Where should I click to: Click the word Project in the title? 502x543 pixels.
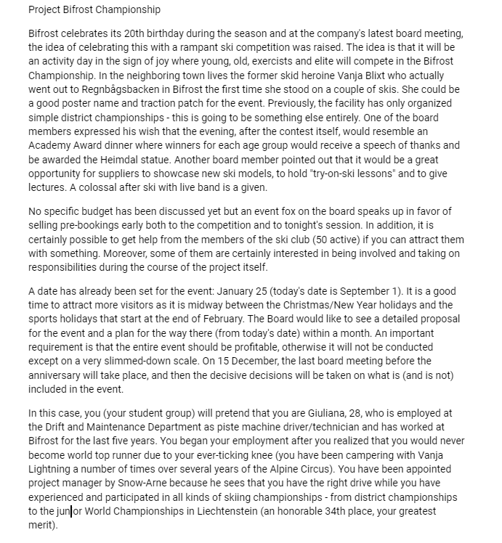[x=45, y=10]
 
